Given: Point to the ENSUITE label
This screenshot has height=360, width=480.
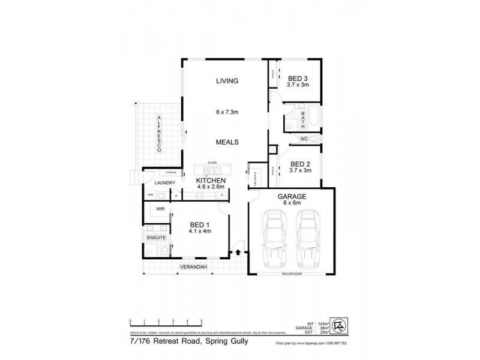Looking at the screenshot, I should click(x=155, y=238).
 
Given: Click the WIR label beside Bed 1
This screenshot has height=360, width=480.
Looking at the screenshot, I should click(x=160, y=209).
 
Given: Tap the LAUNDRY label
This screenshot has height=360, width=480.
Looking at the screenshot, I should click(x=164, y=182).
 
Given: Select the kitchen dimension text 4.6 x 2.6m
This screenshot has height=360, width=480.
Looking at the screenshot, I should click(x=211, y=187).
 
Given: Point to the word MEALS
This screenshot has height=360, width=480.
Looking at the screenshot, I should click(x=229, y=142).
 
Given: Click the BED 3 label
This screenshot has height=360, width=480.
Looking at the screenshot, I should click(x=298, y=79).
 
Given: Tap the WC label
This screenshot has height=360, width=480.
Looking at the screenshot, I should click(x=304, y=139).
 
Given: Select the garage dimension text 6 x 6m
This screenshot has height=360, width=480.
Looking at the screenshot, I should click(x=292, y=203).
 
